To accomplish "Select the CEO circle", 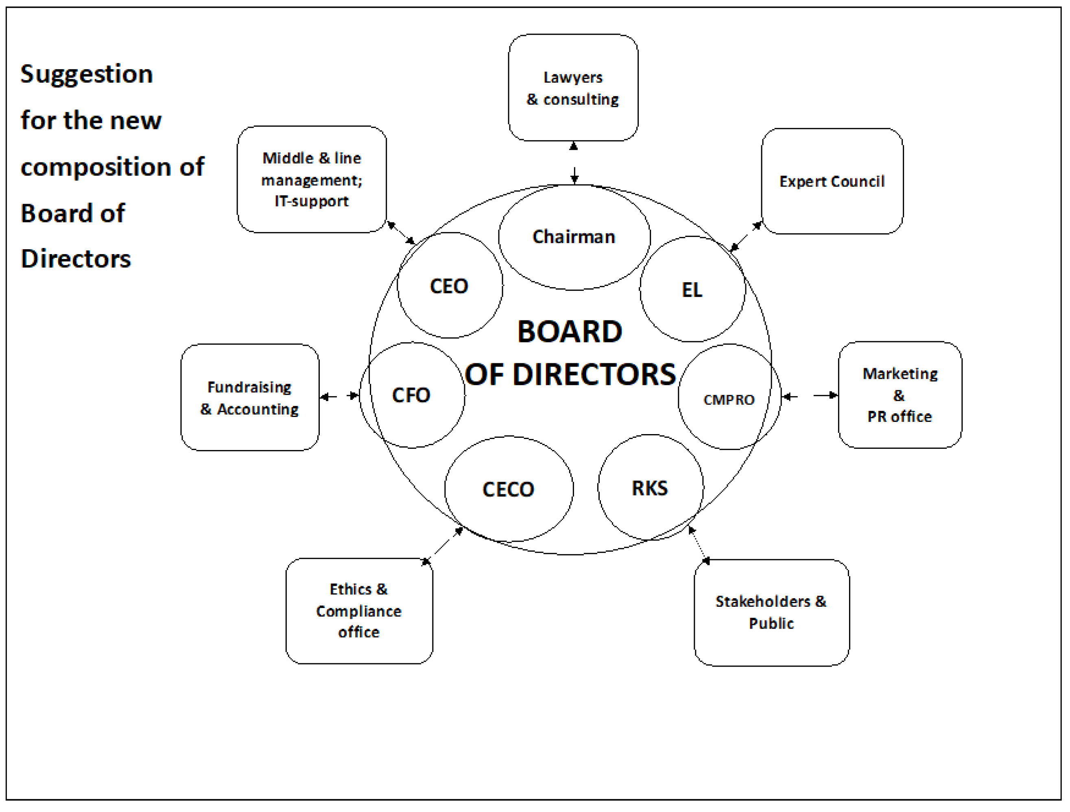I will coord(450,286).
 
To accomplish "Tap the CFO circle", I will coord(412,395).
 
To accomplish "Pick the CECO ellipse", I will coord(509,489).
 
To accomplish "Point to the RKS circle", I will coord(650,487).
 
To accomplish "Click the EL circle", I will coord(692,290).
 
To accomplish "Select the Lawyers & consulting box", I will coord(573,88).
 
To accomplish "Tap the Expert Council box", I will coord(832,181).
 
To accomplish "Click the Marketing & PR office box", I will coord(900,395).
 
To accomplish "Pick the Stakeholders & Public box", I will coord(771,612).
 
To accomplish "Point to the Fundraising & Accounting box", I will coord(250,397).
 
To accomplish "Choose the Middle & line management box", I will coord(312,179).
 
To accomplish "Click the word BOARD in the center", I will coord(570,332).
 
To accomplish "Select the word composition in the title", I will coord(95,167).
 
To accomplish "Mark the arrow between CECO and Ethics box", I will coord(443,545).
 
